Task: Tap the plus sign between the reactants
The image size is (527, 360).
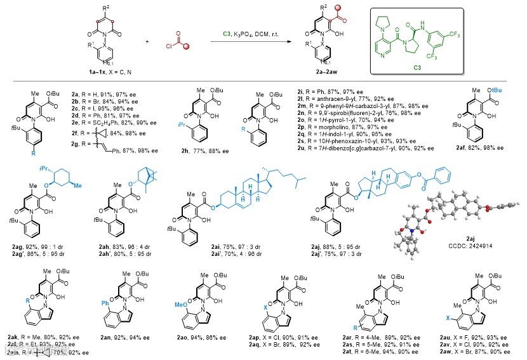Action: [x=147, y=42]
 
